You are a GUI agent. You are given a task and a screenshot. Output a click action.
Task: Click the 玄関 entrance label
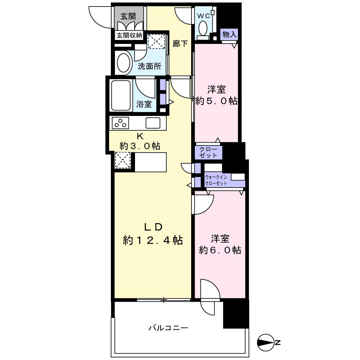128,16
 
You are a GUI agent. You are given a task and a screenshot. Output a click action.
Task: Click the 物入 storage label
229,35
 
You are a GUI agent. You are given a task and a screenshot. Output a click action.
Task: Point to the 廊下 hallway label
180,44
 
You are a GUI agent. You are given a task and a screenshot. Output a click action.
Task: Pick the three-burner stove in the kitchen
121,123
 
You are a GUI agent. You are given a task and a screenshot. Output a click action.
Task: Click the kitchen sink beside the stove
153,123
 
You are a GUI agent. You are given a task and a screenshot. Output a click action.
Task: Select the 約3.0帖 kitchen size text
140,146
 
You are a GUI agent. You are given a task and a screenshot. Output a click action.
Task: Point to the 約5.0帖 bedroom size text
216,101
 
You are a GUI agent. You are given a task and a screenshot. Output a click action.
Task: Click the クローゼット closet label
208,152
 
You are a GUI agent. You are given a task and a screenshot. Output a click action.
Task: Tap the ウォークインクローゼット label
216,180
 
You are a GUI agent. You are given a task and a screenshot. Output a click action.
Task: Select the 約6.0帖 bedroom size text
220,250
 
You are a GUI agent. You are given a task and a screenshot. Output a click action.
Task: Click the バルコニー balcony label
168,328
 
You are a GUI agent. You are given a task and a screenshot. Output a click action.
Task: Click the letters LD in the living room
154,227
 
